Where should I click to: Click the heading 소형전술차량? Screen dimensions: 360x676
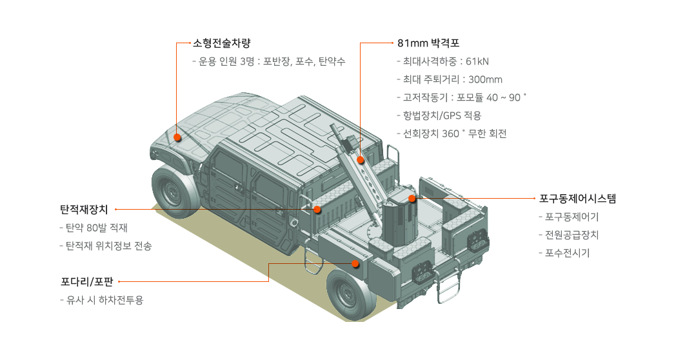pos(221,43)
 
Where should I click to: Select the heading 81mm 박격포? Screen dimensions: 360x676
pos(428,43)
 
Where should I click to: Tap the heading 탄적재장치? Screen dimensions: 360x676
pos(84,210)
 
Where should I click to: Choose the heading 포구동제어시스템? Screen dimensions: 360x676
pos(577,198)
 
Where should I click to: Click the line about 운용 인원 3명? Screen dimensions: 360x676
pos(269,62)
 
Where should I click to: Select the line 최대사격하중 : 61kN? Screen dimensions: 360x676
pos(442,62)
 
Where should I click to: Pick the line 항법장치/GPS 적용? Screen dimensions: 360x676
pos(439,115)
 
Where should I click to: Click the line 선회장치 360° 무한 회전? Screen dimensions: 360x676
pos(452,134)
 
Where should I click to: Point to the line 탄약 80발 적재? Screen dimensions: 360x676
pos(94,228)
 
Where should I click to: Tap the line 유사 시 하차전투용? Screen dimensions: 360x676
pos(101,300)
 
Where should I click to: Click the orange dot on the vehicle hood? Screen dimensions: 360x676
pos(177,137)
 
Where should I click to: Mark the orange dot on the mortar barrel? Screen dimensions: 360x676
pos(361,160)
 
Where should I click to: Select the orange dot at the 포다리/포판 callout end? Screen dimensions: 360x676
pos(355,263)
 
